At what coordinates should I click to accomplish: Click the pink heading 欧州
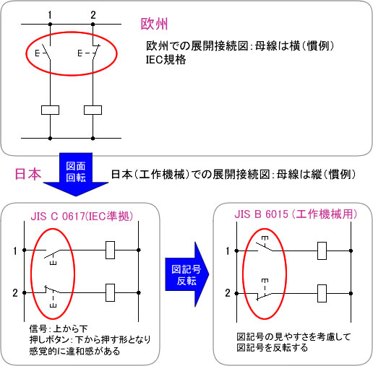point(154,24)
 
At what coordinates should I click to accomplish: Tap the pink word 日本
point(28,174)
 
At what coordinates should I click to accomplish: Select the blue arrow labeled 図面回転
point(76,174)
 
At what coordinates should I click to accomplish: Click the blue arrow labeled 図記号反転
point(186,274)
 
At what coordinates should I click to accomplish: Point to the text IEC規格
point(166,60)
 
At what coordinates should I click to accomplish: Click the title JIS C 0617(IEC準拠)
point(82,216)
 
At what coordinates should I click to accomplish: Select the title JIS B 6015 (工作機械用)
point(296,214)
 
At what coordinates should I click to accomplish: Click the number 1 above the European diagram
point(50,15)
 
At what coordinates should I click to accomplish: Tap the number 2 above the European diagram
point(93,15)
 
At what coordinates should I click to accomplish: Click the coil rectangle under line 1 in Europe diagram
point(50,110)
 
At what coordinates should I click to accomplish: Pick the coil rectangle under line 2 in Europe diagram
point(93,110)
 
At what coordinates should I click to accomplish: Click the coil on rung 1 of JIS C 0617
point(110,250)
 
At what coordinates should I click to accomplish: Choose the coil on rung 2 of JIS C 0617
point(110,292)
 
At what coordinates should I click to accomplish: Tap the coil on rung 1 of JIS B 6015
point(322,251)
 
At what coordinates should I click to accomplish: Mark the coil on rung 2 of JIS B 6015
point(322,293)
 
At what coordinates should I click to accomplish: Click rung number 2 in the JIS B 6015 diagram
point(228,293)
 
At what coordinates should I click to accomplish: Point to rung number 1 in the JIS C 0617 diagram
point(15,251)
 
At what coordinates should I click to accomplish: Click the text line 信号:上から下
point(59,328)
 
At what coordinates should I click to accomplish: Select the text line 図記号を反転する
point(272,348)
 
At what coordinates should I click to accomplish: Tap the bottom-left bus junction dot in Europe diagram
point(50,139)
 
